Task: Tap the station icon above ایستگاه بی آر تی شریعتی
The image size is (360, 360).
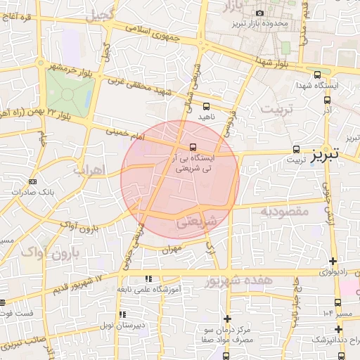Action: click(192, 148)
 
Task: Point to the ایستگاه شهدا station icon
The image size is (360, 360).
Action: click(317, 75)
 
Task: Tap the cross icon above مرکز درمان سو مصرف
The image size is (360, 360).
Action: click(226, 319)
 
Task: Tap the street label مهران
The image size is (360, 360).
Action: click(171, 249)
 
